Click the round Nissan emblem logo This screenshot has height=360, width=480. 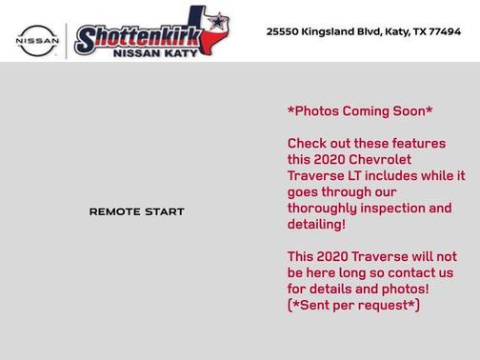coord(37,39)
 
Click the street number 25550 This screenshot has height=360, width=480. coord(283,31)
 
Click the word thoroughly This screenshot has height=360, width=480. coord(322,209)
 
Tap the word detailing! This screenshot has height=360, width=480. coord(316,225)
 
